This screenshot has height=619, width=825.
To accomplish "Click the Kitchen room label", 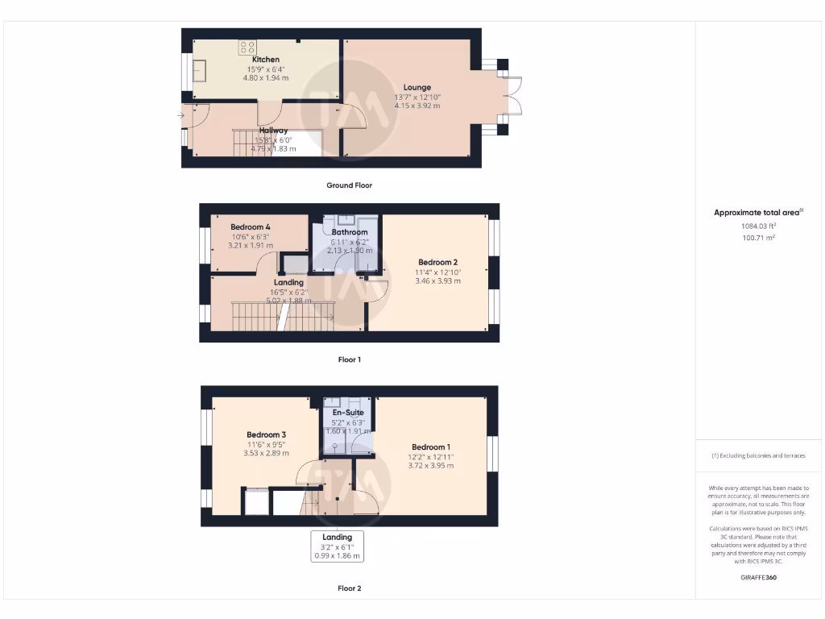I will coord(266,60).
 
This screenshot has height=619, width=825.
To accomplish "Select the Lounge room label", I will coord(417,87).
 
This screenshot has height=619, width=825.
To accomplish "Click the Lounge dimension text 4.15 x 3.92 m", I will coord(417,106).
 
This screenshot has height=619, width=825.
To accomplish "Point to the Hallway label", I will coord(274,130).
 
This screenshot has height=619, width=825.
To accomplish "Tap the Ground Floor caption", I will coord(349,185).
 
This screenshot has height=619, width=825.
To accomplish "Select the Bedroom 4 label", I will coord(251,227).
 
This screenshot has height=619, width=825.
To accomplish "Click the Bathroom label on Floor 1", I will coord(350,232).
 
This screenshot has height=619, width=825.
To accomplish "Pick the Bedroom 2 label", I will coord(437,262).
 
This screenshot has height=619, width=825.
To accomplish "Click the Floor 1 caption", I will coord(349,359).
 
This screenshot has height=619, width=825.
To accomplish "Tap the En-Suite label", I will coord(348,413).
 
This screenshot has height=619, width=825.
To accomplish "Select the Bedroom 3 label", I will coord(267,435).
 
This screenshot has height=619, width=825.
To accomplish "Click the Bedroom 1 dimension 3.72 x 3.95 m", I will coord(431,465).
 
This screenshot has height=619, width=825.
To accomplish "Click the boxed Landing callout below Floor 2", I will coord(337,546).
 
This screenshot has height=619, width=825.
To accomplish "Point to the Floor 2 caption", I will coord(349,588).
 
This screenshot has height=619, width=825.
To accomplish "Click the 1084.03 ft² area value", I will coord(758,226).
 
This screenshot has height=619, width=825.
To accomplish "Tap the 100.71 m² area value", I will coord(758,238).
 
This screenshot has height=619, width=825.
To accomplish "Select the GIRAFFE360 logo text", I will coord(758,577).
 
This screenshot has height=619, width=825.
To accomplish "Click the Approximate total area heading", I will coord(757,213).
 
